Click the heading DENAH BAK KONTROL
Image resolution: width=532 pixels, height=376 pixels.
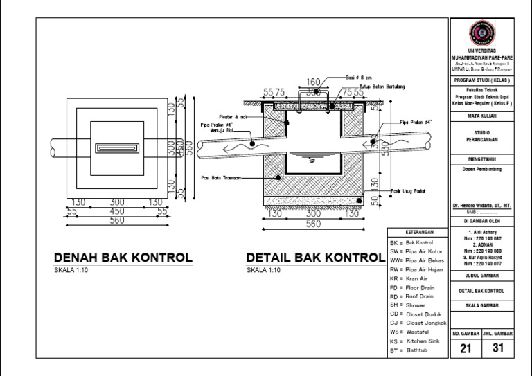point(123,258)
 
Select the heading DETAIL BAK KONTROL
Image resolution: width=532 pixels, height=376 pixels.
point(315,258)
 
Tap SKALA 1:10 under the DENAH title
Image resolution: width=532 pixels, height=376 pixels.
point(71,271)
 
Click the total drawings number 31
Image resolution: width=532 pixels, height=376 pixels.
point(497,349)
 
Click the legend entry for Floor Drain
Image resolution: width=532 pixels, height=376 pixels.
point(420,287)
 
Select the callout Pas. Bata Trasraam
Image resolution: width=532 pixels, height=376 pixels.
point(221,178)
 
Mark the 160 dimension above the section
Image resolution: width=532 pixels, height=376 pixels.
point(312,82)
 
